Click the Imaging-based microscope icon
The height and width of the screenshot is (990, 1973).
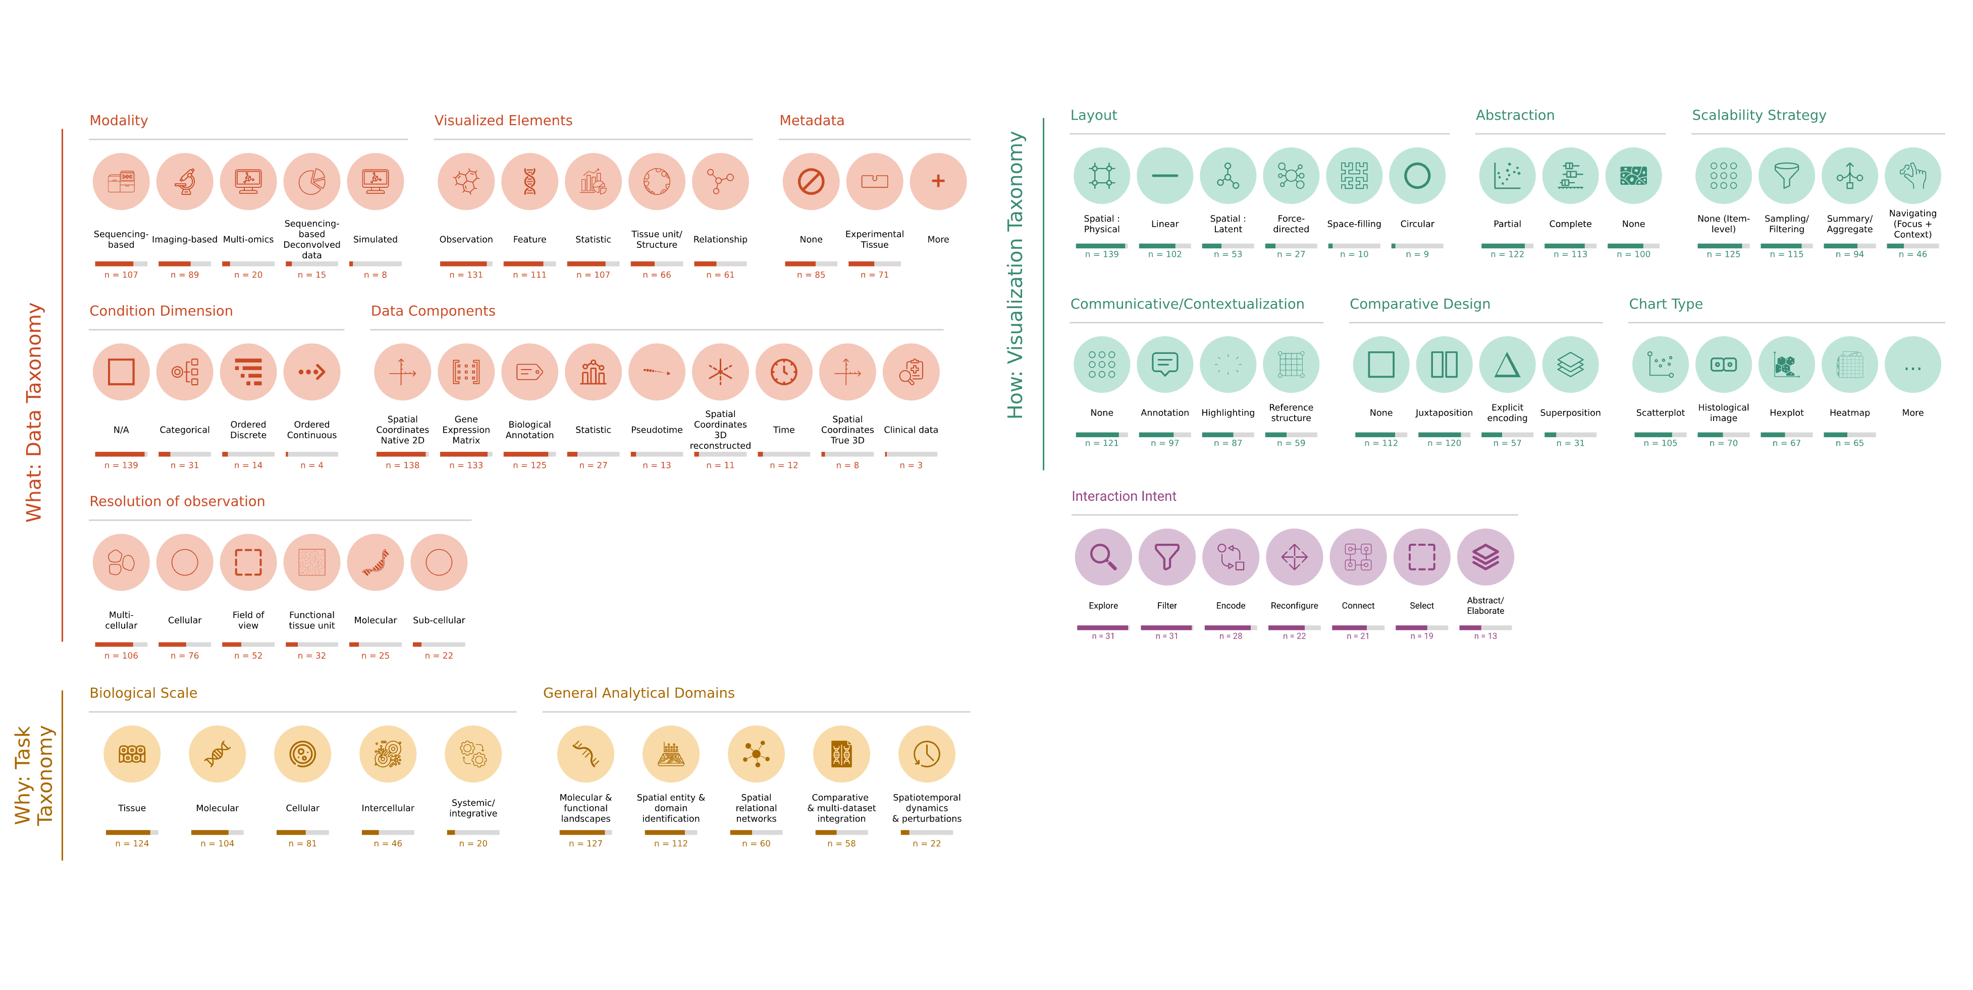coord(185,182)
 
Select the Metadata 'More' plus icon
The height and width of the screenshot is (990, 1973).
coord(938,182)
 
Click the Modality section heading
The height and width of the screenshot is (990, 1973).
coord(119,120)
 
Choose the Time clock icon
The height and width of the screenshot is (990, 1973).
coord(783,372)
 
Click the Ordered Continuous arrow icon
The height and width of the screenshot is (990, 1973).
coord(312,372)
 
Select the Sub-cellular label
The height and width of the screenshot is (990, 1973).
coord(439,620)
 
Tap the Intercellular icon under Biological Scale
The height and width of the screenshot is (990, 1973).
coord(388,754)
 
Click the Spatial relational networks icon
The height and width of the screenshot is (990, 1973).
coord(756,754)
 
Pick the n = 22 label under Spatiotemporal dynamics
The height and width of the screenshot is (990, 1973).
coord(927,843)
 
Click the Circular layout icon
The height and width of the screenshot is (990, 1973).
coord(1417,176)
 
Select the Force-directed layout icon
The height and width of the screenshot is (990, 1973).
coord(1291,176)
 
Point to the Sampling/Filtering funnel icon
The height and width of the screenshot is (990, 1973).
coord(1786,176)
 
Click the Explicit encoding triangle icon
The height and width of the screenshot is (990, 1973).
coord(1507,364)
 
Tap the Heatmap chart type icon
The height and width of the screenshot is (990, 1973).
coord(1850,364)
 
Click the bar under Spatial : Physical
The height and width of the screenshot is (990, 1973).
coord(1101,246)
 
